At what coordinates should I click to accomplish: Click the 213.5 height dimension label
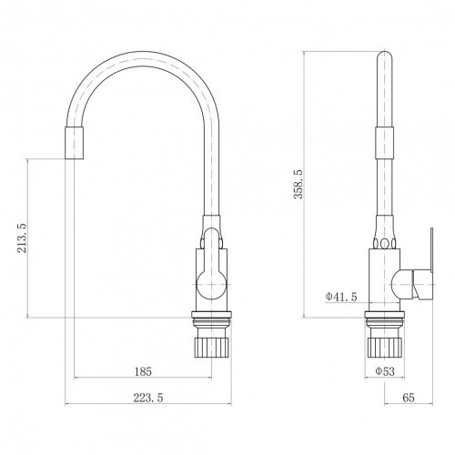[x=22, y=238]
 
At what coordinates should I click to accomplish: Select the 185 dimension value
[x=143, y=371]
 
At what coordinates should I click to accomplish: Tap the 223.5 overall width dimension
[x=148, y=398]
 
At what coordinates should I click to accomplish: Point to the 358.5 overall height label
[x=298, y=184]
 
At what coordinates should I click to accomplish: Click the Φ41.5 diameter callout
[x=341, y=297]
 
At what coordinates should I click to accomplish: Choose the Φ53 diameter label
[x=385, y=371]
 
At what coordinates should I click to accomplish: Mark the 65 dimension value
[x=409, y=398]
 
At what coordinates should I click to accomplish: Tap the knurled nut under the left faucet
[x=211, y=347]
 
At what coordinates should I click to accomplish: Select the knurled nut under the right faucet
[x=385, y=347]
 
